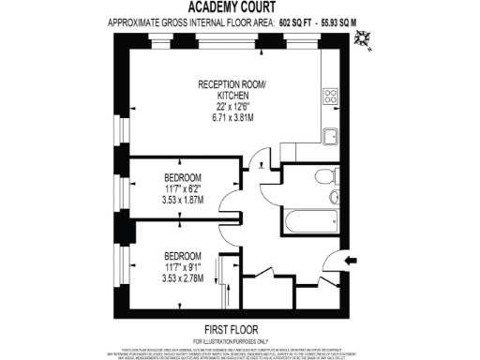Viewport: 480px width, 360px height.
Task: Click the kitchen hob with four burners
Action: click(330, 96)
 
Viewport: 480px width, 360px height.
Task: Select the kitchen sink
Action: click(330, 137)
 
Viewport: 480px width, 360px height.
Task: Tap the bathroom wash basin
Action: click(334, 199)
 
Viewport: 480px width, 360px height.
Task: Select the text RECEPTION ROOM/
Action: click(232, 84)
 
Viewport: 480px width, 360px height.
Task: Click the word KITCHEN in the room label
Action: click(232, 96)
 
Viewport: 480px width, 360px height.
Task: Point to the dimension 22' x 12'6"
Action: click(232, 107)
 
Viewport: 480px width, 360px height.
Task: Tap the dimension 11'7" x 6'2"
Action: click(183, 188)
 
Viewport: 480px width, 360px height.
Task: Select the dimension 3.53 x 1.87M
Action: click(183, 200)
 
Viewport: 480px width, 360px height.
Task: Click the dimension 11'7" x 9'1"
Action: click(183, 267)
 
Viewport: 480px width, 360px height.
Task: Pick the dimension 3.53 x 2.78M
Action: click(183, 278)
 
